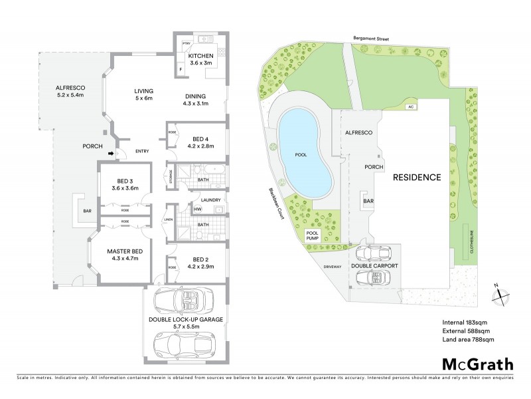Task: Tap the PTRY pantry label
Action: [187, 45]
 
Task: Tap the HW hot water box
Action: [197, 209]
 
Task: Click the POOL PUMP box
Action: [313, 235]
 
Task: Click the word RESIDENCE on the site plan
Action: [416, 178]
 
